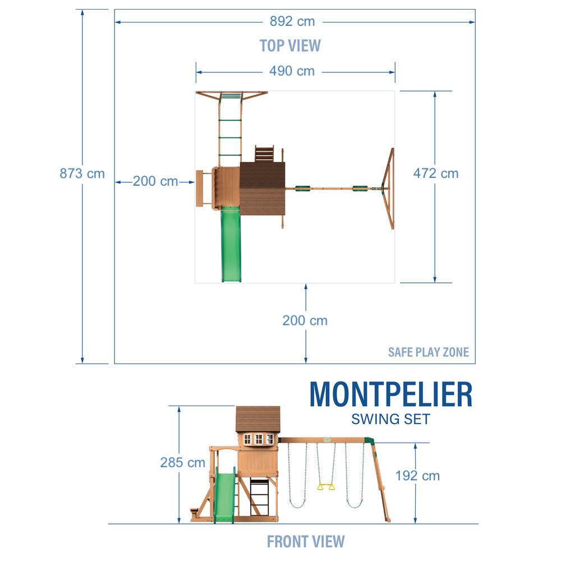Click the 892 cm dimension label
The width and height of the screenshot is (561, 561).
tap(292, 22)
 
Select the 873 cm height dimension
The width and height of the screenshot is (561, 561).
tap(82, 174)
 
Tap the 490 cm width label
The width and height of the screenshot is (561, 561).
tap(292, 71)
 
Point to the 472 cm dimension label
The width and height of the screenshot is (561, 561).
tap(436, 174)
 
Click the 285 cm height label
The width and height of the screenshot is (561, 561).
tap(183, 463)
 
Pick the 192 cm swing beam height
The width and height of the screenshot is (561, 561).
tap(417, 476)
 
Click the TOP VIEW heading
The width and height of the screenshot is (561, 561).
tap(290, 45)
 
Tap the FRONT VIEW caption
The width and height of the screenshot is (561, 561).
tap(306, 542)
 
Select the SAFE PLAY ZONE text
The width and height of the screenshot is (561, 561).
tap(429, 353)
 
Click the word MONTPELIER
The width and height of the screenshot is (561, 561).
tap(391, 394)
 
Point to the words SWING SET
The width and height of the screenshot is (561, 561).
tap(390, 419)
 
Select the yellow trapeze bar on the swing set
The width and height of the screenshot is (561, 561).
tap(325, 487)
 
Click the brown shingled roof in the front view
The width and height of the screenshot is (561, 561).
tap(258, 419)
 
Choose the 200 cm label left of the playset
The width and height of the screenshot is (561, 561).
tap(155, 182)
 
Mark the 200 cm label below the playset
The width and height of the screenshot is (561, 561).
tap(305, 321)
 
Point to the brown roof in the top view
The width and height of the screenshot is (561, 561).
tap(262, 188)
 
